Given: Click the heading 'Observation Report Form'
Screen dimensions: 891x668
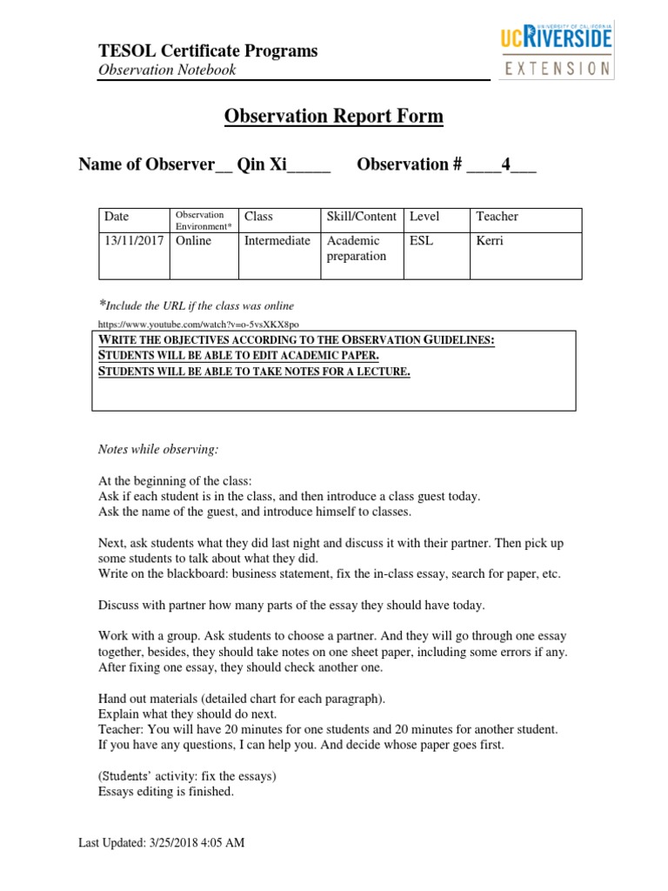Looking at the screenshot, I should [x=334, y=117].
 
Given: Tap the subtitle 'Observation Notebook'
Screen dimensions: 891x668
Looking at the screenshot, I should [x=166, y=70].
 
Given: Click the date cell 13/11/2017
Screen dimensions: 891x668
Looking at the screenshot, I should [x=133, y=241].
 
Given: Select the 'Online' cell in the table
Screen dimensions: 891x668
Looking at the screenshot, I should [x=193, y=241].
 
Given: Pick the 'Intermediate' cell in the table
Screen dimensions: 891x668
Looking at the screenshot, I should [x=277, y=241].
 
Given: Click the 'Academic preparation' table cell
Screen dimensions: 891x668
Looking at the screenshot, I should [x=356, y=249].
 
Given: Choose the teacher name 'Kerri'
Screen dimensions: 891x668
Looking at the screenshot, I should [x=490, y=241].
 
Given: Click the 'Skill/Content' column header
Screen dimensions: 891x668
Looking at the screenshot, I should [x=361, y=217].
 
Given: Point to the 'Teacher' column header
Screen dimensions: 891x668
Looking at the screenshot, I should [x=497, y=217].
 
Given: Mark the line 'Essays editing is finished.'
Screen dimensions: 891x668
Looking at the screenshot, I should [x=165, y=793].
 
